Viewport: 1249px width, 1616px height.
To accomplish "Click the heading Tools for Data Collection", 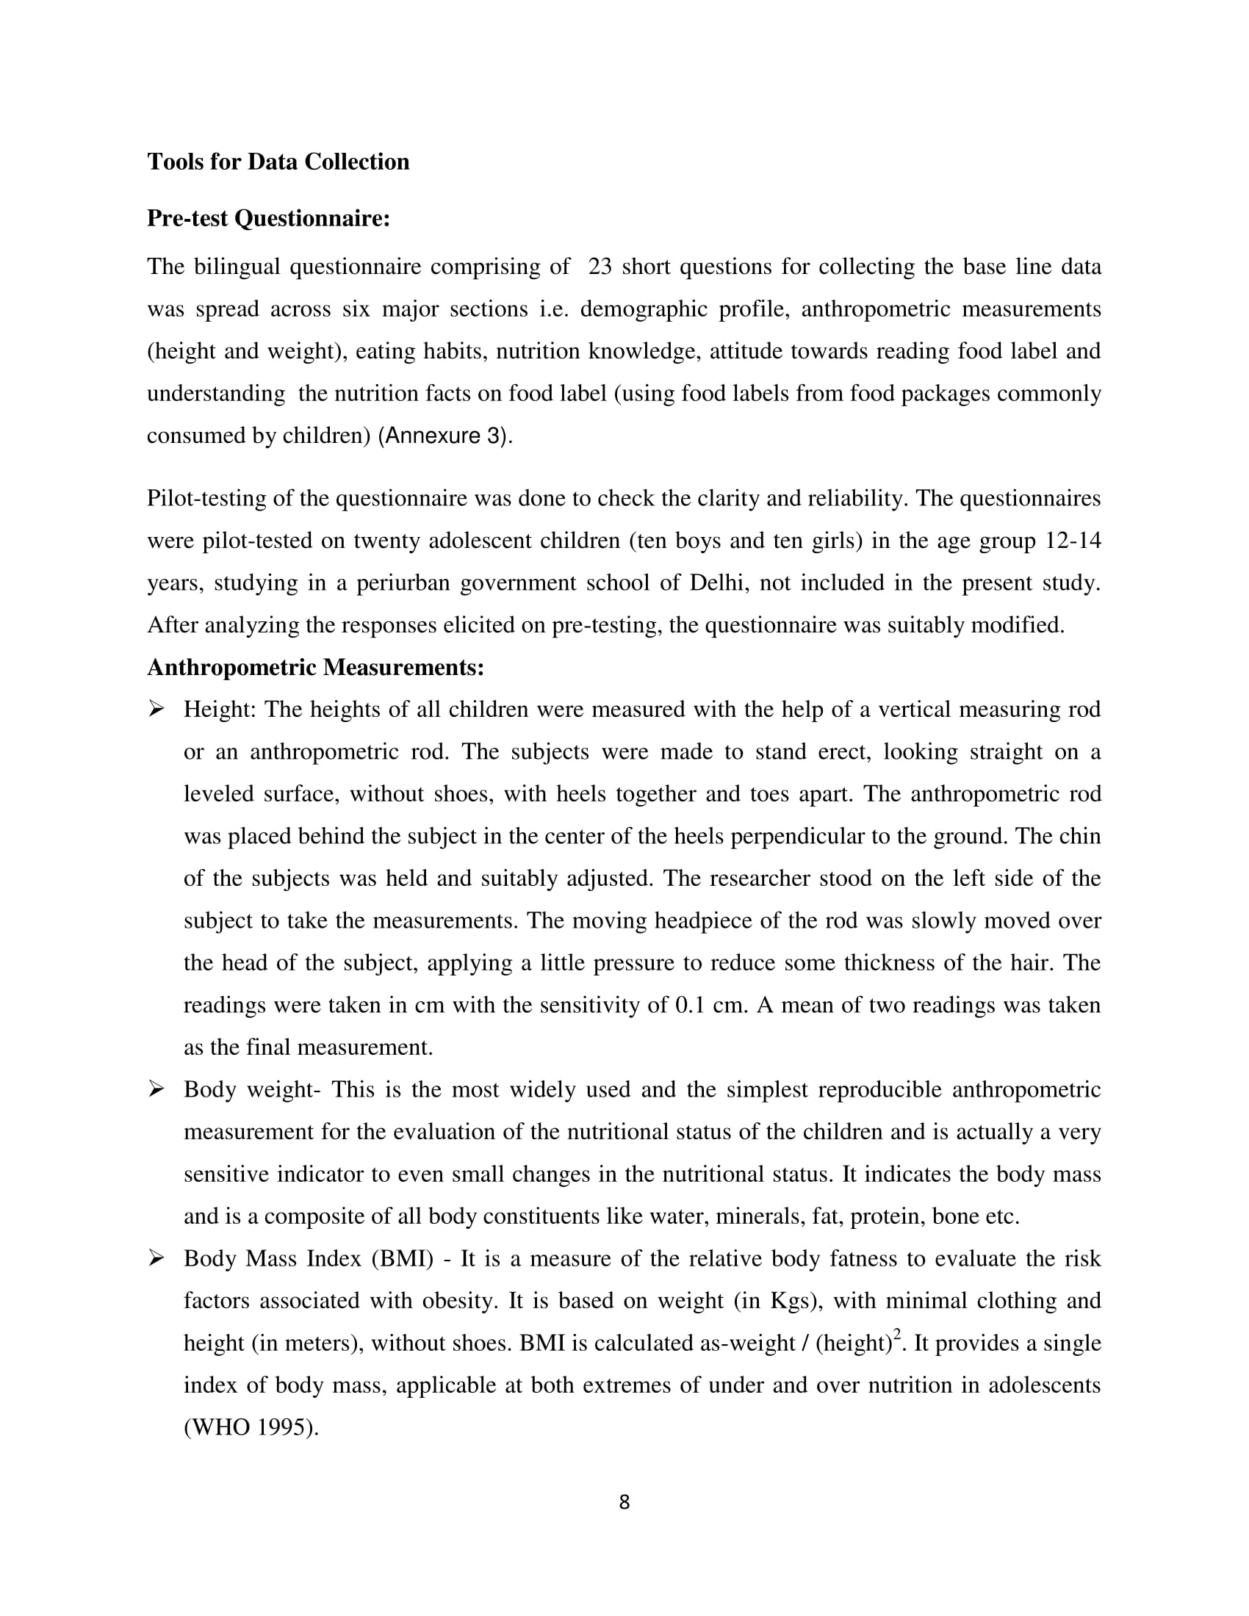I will [278, 162].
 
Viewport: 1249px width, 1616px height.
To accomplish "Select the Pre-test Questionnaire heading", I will [268, 219].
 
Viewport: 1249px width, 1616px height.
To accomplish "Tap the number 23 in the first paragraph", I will [600, 267].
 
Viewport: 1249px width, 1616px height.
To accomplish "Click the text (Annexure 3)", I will [444, 436].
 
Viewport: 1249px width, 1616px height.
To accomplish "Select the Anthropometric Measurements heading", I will [315, 668].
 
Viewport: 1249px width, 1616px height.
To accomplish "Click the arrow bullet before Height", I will [156, 710].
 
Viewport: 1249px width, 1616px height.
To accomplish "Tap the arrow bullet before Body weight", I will [156, 1089].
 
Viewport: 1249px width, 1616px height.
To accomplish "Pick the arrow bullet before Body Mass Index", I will [156, 1258].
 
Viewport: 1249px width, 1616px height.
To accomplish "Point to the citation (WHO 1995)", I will [251, 1428].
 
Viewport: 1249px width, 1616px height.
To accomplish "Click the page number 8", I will [624, 1517].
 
